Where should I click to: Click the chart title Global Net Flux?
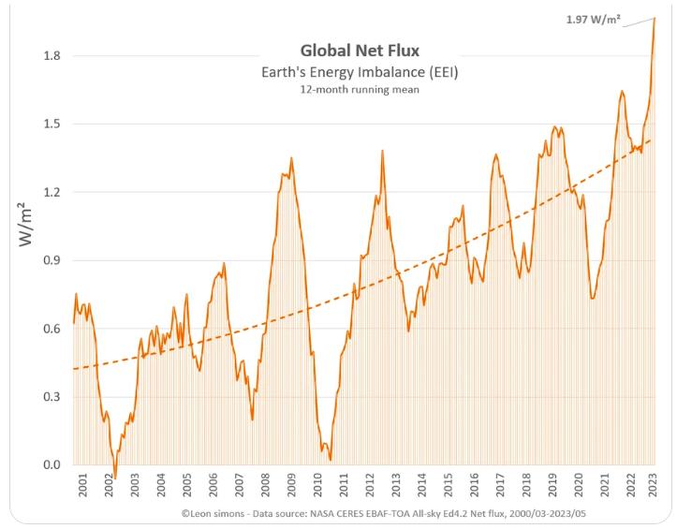coord(360,50)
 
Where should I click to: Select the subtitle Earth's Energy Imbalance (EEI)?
coord(360,71)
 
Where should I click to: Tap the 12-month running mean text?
coord(360,90)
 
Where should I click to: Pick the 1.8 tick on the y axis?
coord(52,56)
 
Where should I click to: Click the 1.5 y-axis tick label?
coord(52,125)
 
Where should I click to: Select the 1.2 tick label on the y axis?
coord(52,193)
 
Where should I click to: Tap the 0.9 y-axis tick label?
coord(52,261)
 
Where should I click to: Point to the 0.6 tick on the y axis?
coord(52,330)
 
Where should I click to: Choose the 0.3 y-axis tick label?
coord(52,397)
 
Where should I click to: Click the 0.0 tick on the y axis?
coord(52,465)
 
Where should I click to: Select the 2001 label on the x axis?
coord(84,490)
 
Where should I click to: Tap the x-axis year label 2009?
coord(291,490)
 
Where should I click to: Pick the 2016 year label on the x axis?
coord(474,490)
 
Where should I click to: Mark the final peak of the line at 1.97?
coord(654,19)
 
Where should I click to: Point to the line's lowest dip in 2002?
coord(115,477)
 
